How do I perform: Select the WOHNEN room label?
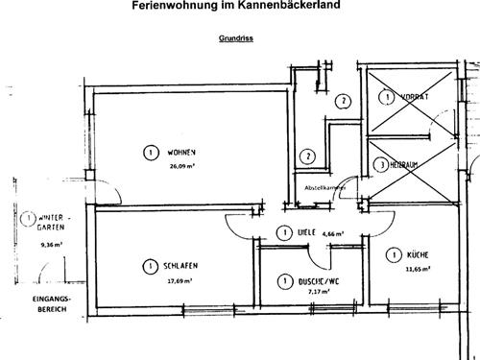181,153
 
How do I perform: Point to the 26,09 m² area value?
182,165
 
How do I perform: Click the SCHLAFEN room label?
180,267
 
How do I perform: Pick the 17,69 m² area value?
180,280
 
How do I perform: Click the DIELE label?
307,232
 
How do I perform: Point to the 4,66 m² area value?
334,233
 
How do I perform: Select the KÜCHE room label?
417,255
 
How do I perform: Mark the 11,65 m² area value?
417,270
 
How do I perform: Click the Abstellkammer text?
324,187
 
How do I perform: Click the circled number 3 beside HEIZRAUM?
383,165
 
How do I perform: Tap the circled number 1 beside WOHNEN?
150,153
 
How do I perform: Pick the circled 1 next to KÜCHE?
393,254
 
